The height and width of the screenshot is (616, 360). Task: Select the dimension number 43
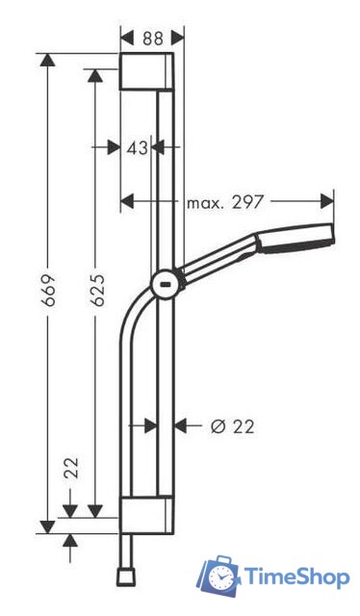(x=138, y=147)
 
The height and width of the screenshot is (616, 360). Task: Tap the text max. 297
(x=223, y=202)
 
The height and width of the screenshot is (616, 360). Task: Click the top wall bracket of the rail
(x=146, y=72)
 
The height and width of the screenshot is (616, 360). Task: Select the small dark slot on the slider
(x=165, y=284)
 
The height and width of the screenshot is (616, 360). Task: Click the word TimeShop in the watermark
(x=296, y=577)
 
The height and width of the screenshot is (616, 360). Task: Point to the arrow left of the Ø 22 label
(x=183, y=424)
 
